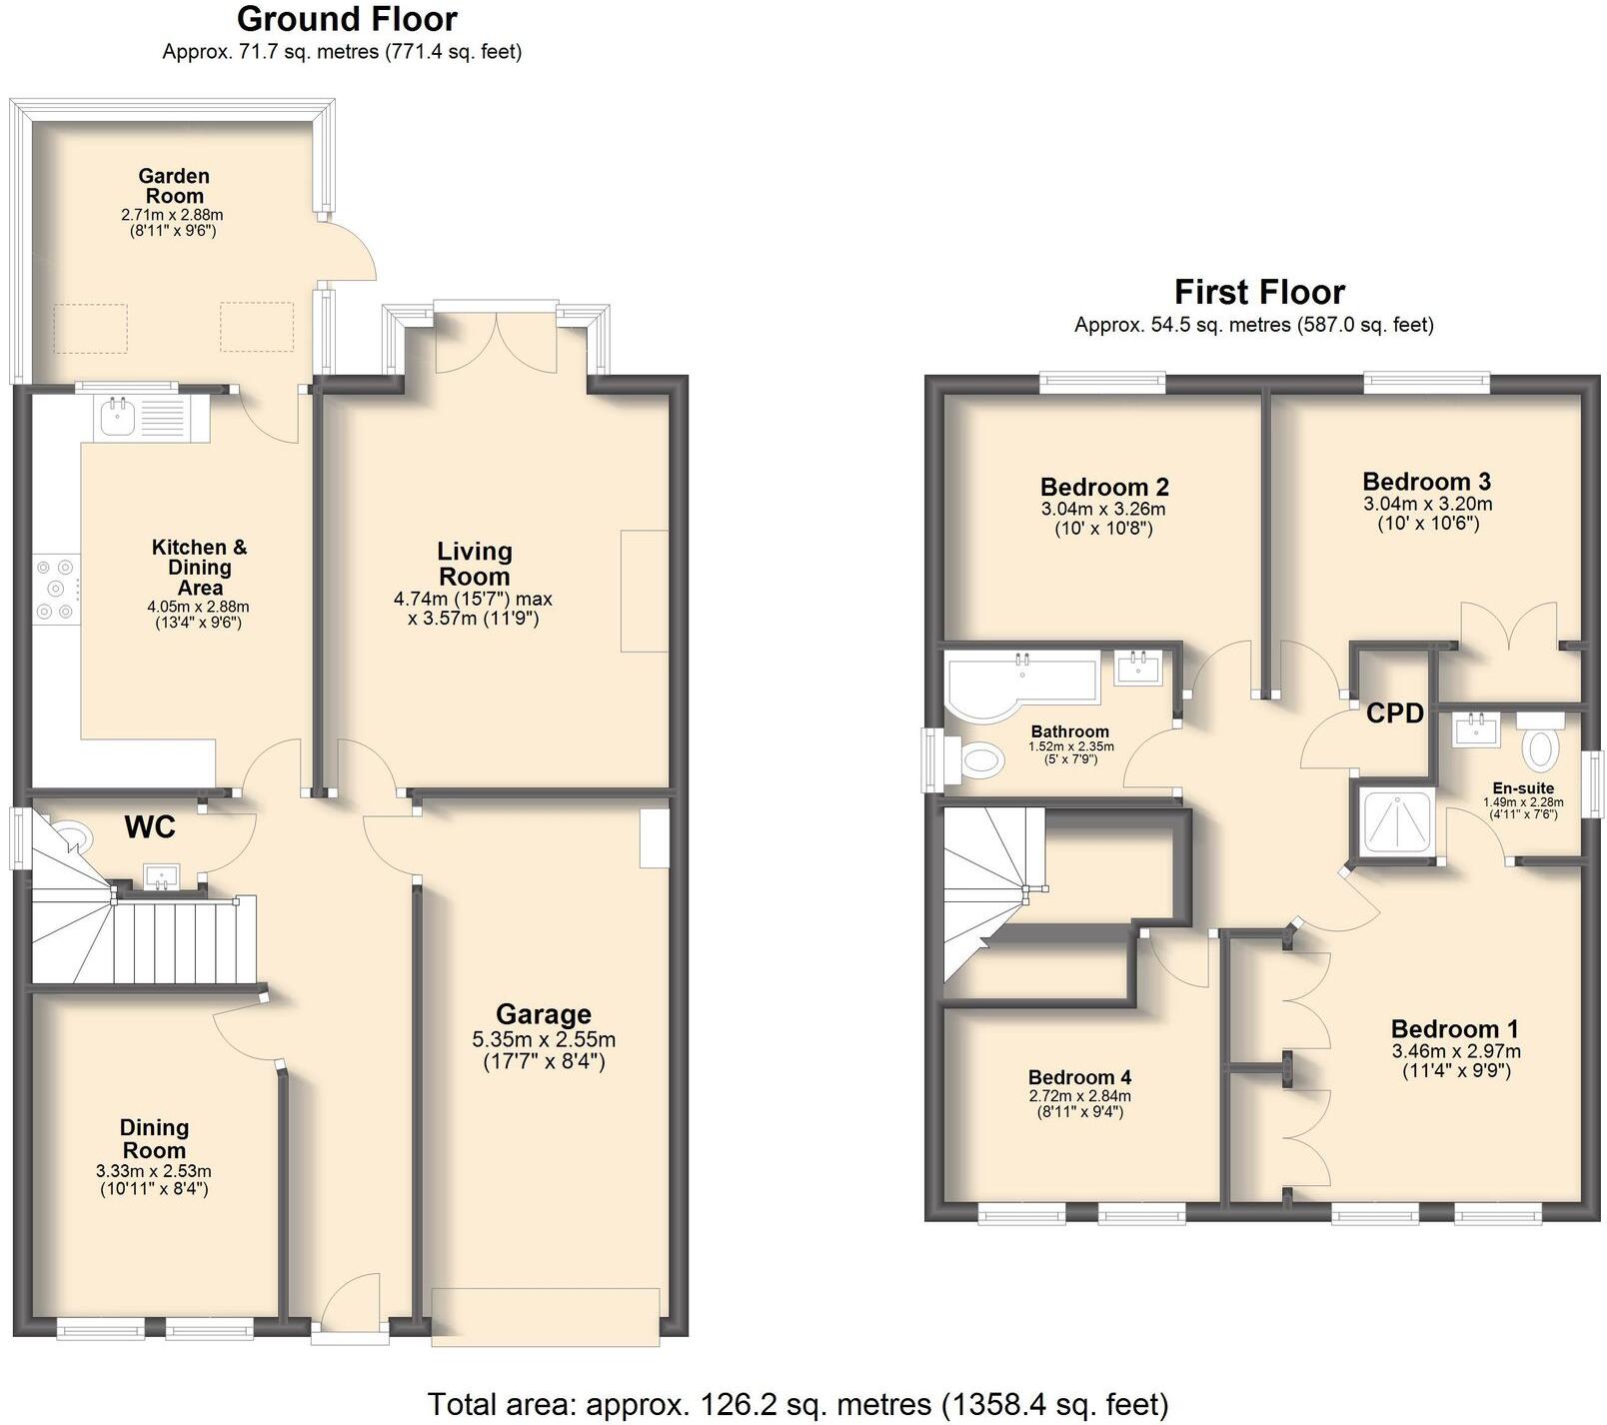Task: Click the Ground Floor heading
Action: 347,19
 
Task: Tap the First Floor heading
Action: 1258,292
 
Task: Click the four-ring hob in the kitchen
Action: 55,590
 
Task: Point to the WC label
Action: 150,826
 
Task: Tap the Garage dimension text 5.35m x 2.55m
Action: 544,1039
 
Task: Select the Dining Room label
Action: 154,1138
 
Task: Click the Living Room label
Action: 474,564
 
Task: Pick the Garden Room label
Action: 174,186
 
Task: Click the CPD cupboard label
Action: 1394,713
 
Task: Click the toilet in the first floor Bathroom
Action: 980,762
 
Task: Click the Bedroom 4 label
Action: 1079,1077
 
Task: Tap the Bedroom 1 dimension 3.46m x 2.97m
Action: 1455,1050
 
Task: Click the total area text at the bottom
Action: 798,1404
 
